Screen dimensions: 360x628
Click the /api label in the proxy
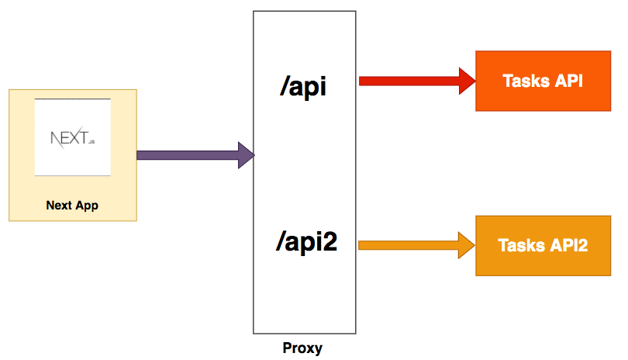point(304,85)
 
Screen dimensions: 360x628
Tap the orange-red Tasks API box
point(542,81)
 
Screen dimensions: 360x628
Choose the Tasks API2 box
point(542,245)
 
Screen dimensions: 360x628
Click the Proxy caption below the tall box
point(302,348)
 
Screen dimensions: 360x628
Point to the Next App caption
point(73,206)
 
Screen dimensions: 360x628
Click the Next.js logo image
point(73,137)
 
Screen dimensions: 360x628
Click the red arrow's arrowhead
point(467,80)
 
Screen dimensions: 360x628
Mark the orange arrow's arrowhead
point(467,245)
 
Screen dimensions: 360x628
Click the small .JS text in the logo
point(91,143)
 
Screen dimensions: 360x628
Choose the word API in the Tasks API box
point(568,81)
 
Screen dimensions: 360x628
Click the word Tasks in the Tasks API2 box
point(520,245)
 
